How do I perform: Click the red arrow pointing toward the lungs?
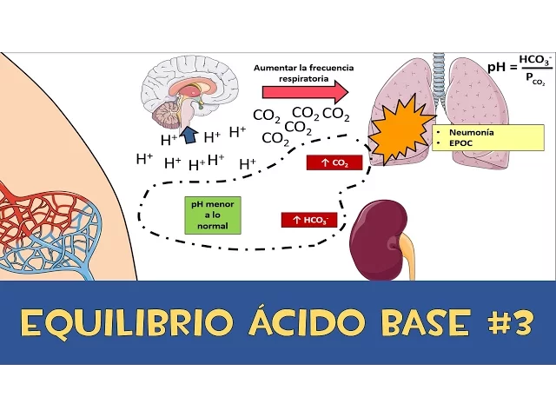coord(305,92)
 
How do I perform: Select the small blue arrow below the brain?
coord(188,131)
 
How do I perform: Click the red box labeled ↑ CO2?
coord(334,162)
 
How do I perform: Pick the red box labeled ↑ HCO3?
coord(308,220)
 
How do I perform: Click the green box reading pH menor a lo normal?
coord(212,215)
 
